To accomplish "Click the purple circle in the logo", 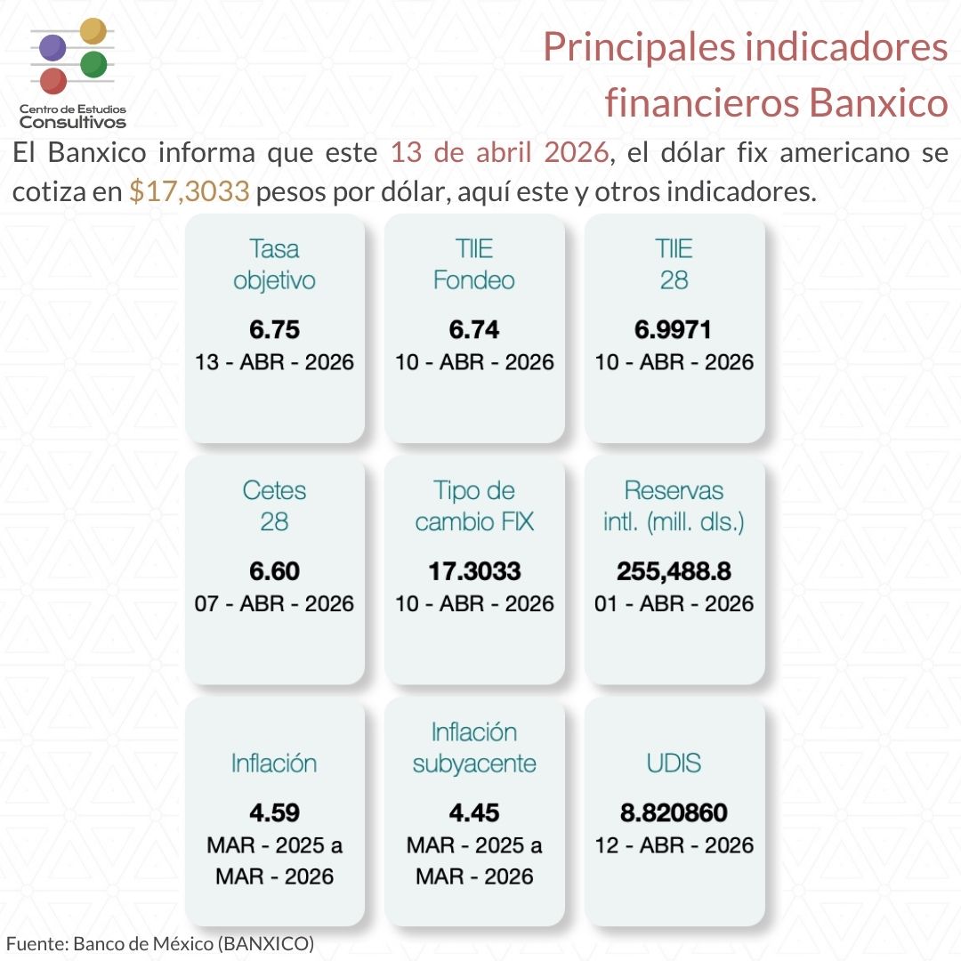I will click(x=53, y=47).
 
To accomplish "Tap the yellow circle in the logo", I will click(x=93, y=30).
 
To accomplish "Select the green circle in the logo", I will click(x=93, y=64).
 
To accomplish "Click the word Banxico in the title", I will click(x=878, y=103).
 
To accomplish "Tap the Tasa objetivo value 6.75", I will click(x=274, y=330).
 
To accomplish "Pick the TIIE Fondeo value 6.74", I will click(x=474, y=330).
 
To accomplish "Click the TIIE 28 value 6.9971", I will click(x=674, y=330).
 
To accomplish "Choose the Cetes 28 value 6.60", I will click(x=274, y=570).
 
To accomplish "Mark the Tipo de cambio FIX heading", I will click(x=474, y=505).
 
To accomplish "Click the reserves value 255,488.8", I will click(x=674, y=570).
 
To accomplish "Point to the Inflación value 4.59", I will click(x=274, y=812).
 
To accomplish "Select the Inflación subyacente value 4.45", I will click(x=474, y=812).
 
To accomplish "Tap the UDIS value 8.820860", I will click(x=674, y=812).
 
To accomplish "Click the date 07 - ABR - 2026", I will click(x=274, y=603).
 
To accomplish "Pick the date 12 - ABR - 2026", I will click(x=674, y=844).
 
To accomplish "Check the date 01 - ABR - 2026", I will click(x=674, y=603).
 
